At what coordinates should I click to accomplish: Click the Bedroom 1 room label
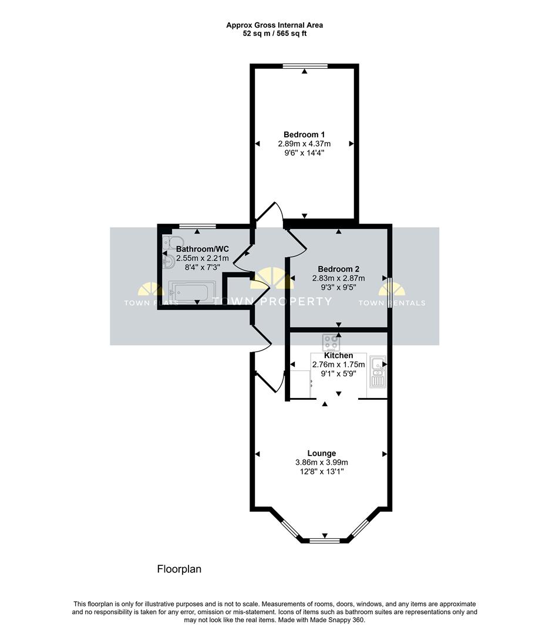[304, 134]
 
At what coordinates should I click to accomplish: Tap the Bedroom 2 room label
[339, 269]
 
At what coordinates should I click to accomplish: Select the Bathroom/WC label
[203, 249]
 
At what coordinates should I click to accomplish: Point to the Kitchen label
[339, 355]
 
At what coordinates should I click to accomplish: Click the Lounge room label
[322, 453]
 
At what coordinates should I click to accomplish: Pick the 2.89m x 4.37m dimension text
[304, 144]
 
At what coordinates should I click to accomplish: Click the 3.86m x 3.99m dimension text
[322, 462]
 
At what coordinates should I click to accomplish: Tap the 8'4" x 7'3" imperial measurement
[203, 267]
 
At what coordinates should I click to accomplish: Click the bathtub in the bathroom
[192, 292]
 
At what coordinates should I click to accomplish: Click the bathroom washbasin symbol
[169, 262]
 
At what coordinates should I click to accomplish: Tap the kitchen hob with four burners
[331, 343]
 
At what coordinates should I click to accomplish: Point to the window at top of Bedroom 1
[305, 66]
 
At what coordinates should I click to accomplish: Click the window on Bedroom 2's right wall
[390, 293]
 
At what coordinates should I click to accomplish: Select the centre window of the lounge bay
[325, 540]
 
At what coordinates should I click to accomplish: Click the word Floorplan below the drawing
[179, 569]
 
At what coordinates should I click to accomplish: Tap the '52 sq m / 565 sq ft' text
[275, 33]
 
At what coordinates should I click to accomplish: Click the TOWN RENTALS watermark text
[392, 303]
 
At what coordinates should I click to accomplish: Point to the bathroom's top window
[197, 226]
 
